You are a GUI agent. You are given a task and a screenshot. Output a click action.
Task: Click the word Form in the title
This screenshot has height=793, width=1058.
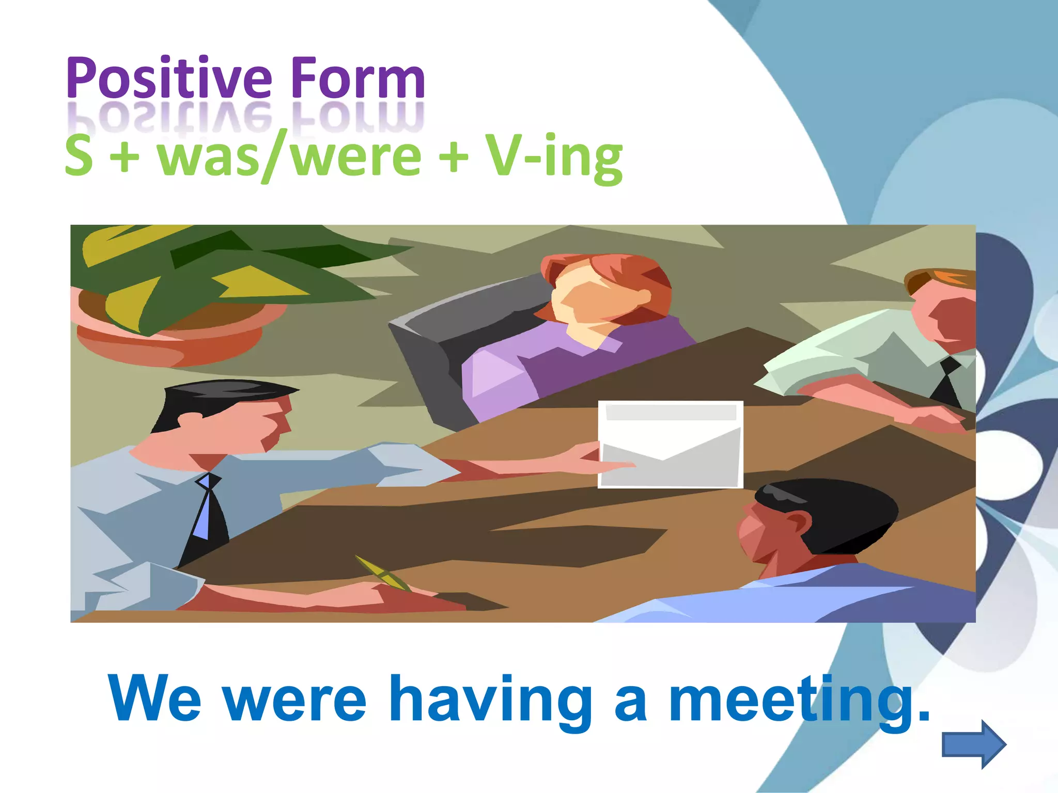point(357,78)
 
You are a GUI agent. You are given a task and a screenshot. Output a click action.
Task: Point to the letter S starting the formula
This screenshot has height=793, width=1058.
point(79,156)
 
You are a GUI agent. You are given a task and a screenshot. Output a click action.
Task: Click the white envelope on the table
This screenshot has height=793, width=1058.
point(671,445)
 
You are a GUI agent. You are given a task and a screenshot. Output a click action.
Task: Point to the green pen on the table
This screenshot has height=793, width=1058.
point(382,573)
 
